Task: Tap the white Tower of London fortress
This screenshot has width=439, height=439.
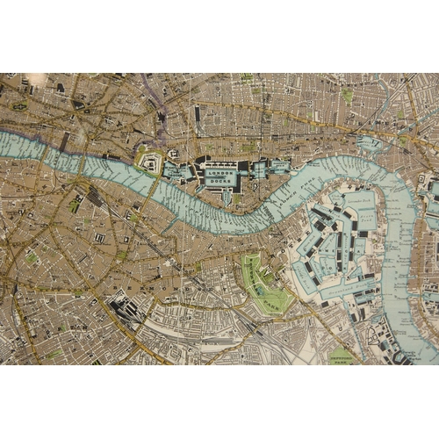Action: (x=149, y=162)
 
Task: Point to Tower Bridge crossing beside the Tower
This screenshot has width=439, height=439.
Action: (x=157, y=179)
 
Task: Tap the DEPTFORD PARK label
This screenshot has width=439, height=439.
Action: (x=340, y=353)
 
